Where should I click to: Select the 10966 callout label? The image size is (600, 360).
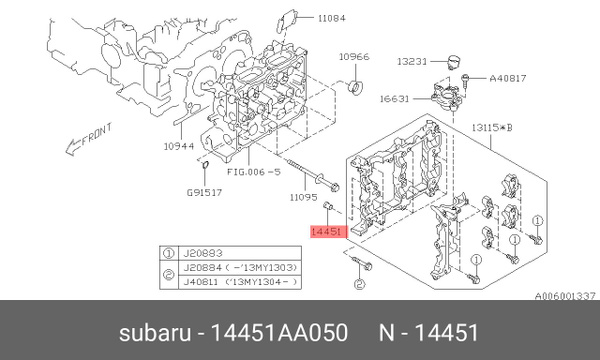click(355, 57)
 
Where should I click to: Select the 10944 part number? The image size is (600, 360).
click(179, 146)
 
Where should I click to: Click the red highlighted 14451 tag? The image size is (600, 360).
click(327, 232)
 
